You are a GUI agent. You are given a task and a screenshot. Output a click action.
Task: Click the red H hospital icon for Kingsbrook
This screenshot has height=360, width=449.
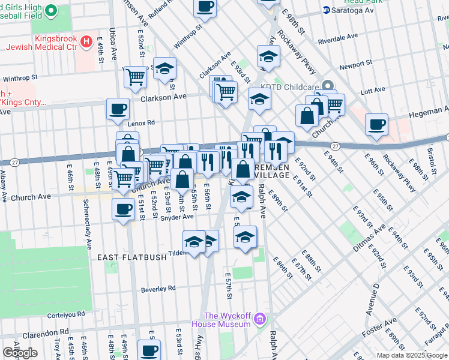86,42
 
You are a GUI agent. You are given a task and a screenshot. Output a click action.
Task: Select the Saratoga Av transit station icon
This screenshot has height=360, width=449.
327,10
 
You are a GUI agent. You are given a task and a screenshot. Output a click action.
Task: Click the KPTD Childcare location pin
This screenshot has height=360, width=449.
327,86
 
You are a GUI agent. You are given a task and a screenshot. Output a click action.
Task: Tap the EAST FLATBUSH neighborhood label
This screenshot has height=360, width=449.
128,257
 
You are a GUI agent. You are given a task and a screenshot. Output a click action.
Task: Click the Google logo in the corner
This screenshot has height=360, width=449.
20,353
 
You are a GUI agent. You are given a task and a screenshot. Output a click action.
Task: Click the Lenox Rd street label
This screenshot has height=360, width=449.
141,122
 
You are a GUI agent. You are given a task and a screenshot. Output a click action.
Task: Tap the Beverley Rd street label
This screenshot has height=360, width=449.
158,289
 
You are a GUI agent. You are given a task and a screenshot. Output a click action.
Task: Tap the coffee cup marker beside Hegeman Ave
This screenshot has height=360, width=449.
376,125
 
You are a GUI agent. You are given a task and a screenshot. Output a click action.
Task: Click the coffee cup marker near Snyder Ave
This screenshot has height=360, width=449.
124,209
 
